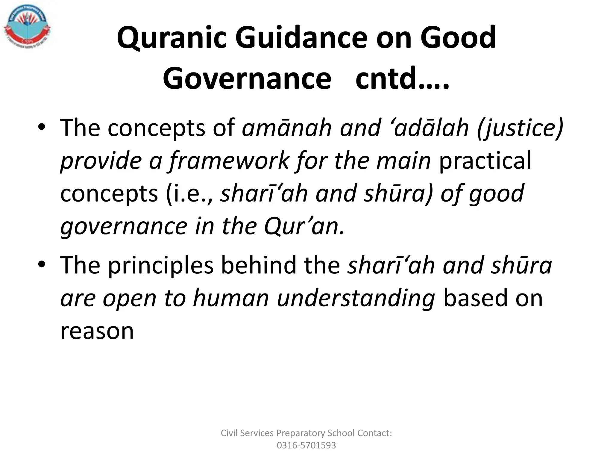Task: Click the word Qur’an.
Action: pos(304,226)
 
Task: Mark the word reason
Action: pos(97,331)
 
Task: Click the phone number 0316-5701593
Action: pos(306,445)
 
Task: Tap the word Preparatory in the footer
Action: pos(301,433)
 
